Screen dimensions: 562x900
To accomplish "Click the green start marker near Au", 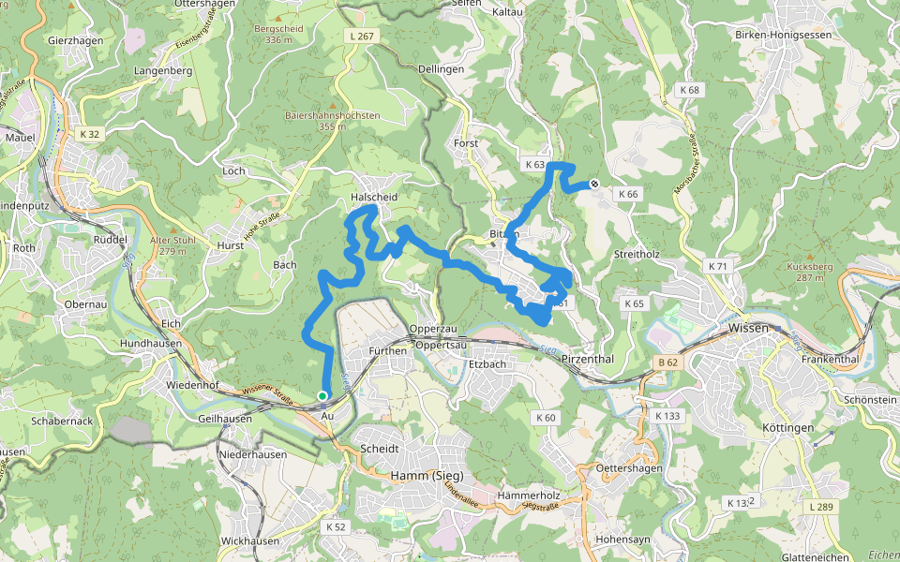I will tap(322, 395).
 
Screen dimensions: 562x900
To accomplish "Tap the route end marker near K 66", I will tap(594, 185).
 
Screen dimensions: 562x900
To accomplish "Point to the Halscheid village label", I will tap(373, 198).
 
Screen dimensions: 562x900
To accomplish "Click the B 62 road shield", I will tap(667, 362).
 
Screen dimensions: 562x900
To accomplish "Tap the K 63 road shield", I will tap(534, 165).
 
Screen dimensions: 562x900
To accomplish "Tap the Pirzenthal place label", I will tap(587, 360).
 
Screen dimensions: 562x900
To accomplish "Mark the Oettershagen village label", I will tap(629, 467).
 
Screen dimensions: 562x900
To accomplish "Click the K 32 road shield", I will tap(89, 134).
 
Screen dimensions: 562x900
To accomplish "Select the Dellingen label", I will tap(441, 69).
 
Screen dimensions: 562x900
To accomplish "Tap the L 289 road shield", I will tap(819, 507).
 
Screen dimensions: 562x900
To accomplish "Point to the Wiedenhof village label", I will tap(192, 385).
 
